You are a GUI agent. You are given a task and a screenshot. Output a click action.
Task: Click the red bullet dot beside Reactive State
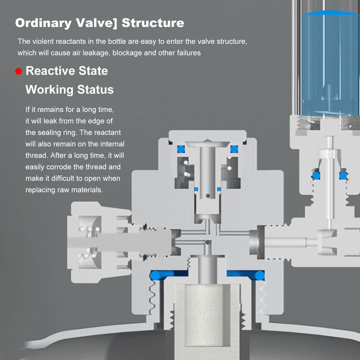click(x=19, y=71)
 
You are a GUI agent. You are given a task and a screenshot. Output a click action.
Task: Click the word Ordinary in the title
click(x=43, y=23)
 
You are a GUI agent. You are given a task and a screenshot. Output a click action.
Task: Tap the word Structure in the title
click(x=153, y=23)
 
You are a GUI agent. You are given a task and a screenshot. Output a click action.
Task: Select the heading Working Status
click(x=69, y=89)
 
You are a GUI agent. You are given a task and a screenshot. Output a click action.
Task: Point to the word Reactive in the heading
click(x=50, y=71)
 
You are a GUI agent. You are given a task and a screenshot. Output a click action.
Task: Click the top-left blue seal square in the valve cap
click(x=181, y=149)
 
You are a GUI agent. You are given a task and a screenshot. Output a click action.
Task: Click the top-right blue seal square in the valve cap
click(x=234, y=149)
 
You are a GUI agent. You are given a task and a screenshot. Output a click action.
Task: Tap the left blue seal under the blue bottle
click(x=316, y=175)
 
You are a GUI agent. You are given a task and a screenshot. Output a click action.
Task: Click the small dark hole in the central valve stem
click(x=208, y=195)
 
